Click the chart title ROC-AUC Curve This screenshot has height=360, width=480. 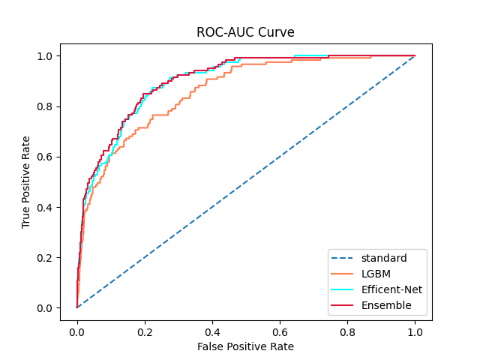coord(245,32)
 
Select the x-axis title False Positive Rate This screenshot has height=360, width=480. coord(245,346)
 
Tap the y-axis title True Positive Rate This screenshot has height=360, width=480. coord(26,182)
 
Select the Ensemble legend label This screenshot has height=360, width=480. coord(386,305)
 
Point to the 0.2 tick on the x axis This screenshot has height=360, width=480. coord(145,328)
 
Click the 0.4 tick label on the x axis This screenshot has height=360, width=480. coord(212,328)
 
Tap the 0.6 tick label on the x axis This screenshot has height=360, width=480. coord(280,328)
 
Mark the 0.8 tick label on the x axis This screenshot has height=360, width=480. coord(347,328)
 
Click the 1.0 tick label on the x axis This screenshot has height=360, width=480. coord(415,328)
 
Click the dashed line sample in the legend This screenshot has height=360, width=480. coord(343,258)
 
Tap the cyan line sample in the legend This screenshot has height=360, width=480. coord(343,289)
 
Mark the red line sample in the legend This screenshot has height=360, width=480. coord(343,305)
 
